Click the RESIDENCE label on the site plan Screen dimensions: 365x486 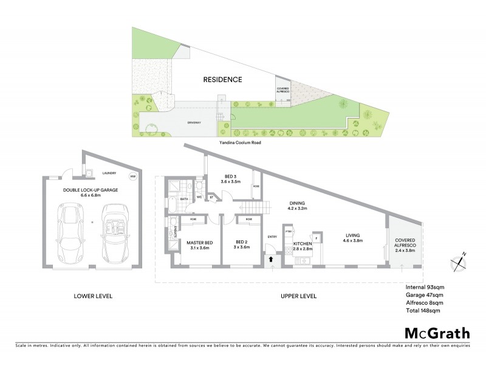pos(222,80)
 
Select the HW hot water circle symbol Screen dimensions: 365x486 pos(133,177)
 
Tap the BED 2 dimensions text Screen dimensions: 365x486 pos(242,248)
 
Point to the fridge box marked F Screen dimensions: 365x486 pos(316,238)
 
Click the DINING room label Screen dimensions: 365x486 pos(297,204)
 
